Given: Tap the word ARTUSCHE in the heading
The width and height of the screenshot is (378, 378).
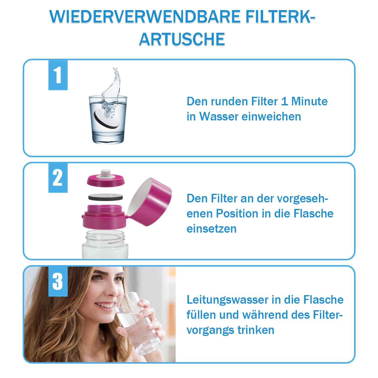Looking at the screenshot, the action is click(x=182, y=39).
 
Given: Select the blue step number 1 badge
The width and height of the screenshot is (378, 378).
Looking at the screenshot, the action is click(x=58, y=75).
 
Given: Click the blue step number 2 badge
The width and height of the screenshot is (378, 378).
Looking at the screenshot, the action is click(x=58, y=178).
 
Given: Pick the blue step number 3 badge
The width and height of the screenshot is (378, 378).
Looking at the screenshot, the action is click(x=58, y=281).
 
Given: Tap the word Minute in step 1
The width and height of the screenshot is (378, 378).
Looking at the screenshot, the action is click(x=309, y=101).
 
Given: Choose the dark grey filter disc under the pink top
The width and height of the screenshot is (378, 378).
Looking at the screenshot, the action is click(x=106, y=197).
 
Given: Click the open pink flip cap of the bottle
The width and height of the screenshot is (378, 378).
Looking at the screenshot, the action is click(x=149, y=202).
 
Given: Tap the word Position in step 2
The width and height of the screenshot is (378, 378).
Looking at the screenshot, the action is click(x=237, y=213).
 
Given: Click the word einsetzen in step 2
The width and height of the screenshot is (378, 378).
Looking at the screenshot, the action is click(x=212, y=229).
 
